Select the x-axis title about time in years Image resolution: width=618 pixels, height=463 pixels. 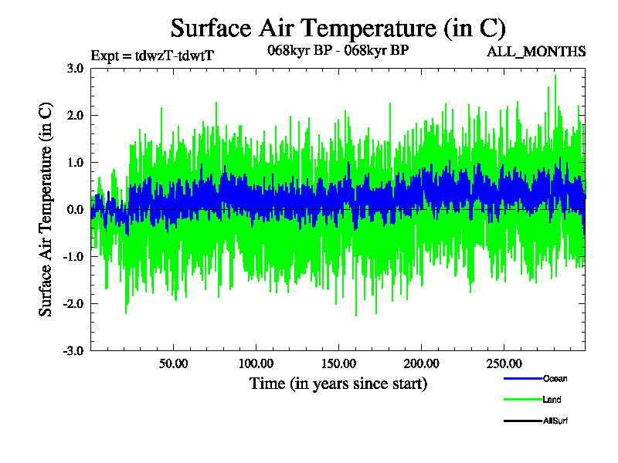pyautogui.click(x=338, y=384)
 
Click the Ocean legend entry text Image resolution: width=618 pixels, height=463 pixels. pyautogui.click(x=555, y=379)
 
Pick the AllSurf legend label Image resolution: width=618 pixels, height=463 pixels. pyautogui.click(x=556, y=421)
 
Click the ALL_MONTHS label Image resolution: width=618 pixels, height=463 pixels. pyautogui.click(x=535, y=52)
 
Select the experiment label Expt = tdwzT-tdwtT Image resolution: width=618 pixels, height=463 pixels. pyautogui.click(x=152, y=56)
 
